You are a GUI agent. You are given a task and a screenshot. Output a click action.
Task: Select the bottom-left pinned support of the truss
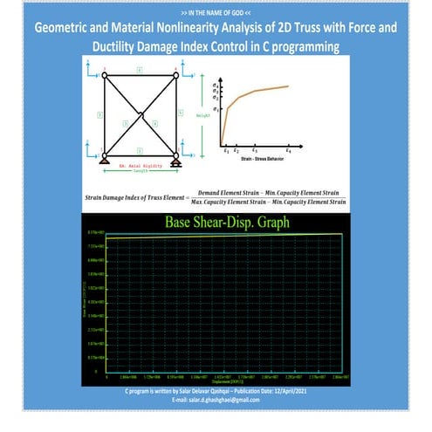point(104,160)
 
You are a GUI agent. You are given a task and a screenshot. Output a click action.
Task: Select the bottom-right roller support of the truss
point(175,160)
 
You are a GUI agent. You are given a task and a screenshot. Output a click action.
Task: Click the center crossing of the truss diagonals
point(140,113)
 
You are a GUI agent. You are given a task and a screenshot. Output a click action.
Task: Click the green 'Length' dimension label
point(140,171)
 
